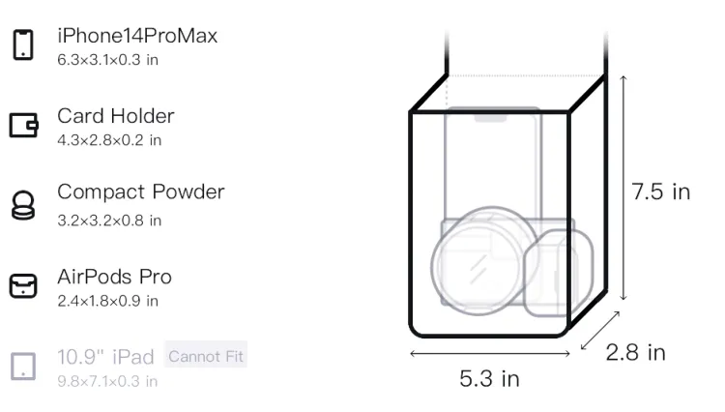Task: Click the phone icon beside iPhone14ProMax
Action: click(23, 44)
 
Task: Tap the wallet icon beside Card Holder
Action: click(23, 126)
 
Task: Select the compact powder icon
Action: click(23, 205)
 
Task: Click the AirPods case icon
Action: click(23, 285)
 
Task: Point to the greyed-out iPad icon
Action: click(23, 367)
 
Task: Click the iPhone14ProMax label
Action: click(137, 36)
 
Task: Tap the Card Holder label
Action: click(116, 116)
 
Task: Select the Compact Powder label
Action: click(141, 191)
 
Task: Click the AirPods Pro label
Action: click(115, 277)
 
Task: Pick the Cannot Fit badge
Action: click(206, 357)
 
